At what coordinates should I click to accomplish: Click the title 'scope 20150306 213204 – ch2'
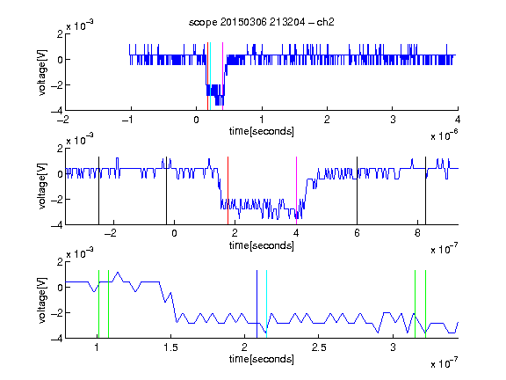point(262,22)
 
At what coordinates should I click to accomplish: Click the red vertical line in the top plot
point(208,76)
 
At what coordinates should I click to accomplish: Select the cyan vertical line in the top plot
point(211,76)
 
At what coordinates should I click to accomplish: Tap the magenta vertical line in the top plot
point(222,76)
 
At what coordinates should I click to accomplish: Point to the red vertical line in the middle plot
point(228,191)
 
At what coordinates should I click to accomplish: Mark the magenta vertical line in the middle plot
point(296,191)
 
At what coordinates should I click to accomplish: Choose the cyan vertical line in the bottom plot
point(266,304)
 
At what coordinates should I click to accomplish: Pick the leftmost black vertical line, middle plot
point(98,191)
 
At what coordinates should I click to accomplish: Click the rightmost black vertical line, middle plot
point(425,191)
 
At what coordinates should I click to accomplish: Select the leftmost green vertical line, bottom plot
point(98,304)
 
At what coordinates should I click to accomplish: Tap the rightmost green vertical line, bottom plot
point(425,304)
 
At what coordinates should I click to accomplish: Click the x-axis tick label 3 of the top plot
point(393,120)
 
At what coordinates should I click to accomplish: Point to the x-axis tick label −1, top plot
point(127,120)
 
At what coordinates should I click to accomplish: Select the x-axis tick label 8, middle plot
point(417,233)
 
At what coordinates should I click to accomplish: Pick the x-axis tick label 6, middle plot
point(357,233)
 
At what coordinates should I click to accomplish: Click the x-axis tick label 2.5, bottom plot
point(319,347)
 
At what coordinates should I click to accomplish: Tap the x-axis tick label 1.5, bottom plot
point(170,347)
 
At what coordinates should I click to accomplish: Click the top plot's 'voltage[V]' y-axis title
point(42,72)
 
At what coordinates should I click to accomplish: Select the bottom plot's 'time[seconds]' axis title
point(262,359)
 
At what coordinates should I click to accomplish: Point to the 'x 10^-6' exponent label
point(445,135)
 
